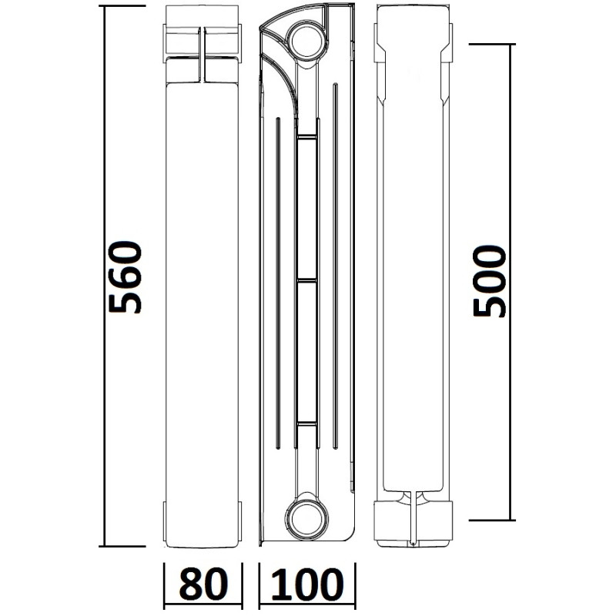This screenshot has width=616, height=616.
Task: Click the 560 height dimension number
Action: coord(126,276)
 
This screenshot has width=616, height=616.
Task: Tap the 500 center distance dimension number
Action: coord(490,282)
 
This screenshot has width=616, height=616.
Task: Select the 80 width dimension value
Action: coord(203,585)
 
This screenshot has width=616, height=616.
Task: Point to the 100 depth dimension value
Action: coord(307,585)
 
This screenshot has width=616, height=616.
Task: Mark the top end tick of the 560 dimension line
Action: coord(123,5)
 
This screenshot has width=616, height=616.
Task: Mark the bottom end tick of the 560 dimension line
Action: coord(123,547)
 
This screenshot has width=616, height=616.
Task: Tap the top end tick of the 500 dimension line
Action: coord(490,44)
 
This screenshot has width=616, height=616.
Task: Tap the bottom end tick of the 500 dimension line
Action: coord(490,520)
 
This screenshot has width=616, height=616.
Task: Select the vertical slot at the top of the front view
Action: coord(203,54)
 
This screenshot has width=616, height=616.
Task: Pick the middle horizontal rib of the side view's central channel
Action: coord(306,280)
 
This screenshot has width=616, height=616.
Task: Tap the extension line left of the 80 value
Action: coord(165,585)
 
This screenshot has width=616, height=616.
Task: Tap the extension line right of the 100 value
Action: coord(354,585)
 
